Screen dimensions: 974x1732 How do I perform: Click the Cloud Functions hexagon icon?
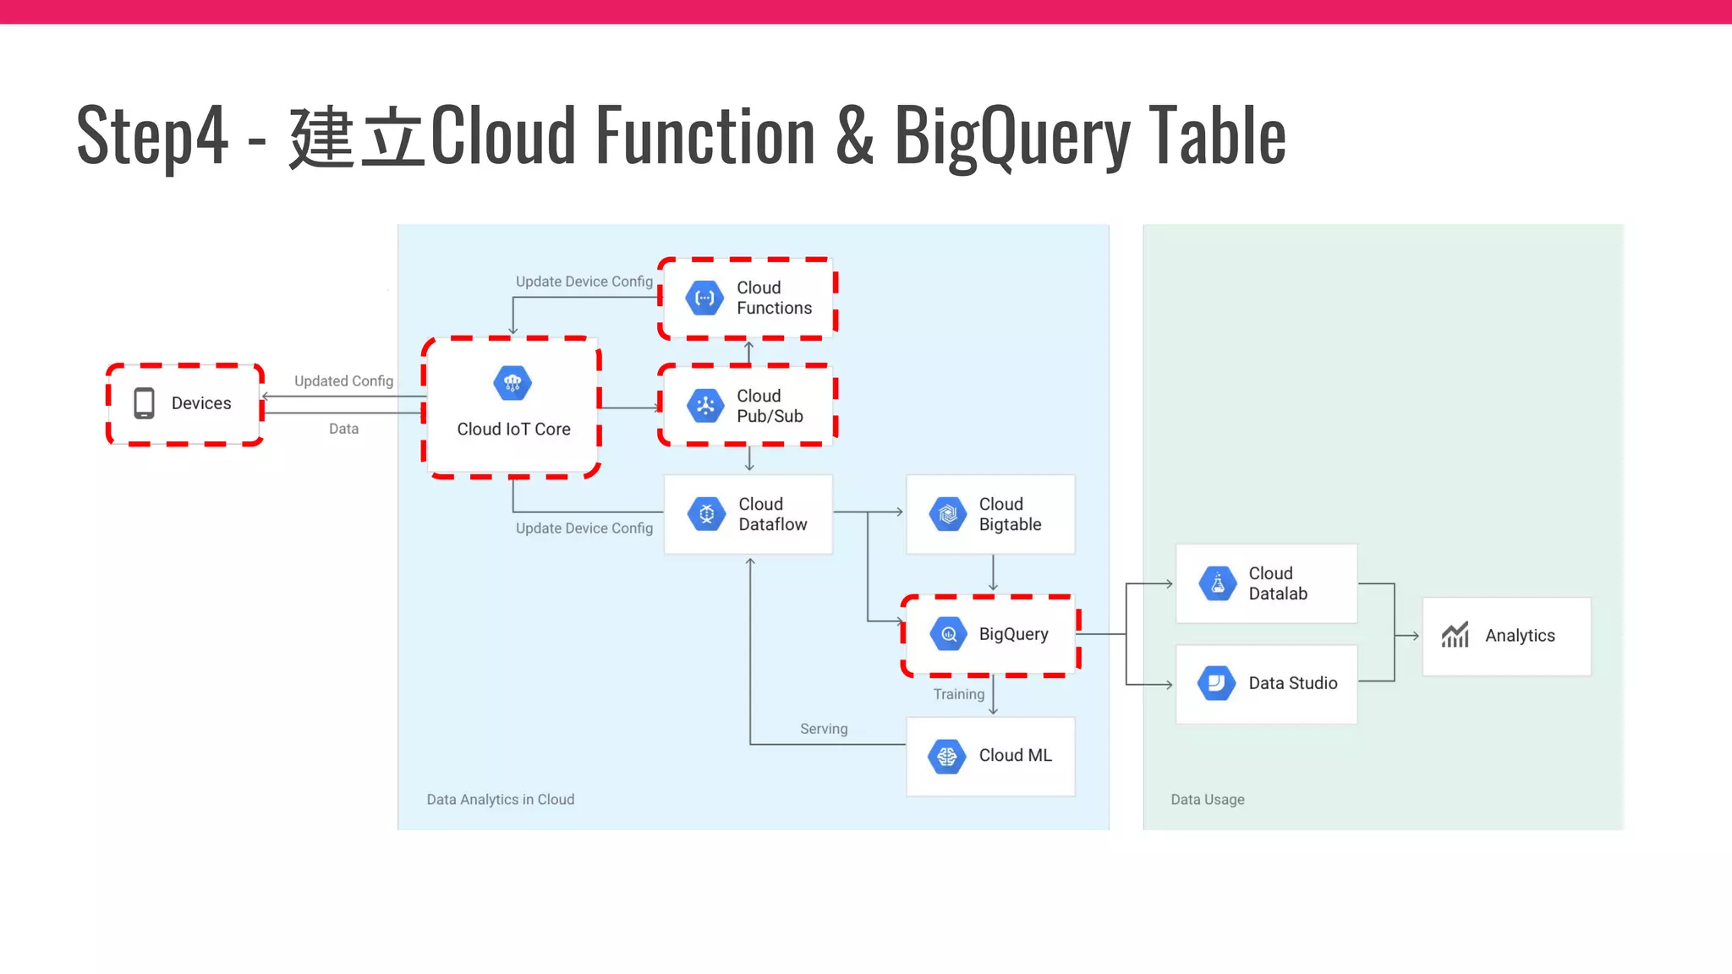click(704, 298)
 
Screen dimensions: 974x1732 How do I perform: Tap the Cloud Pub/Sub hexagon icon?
click(704, 406)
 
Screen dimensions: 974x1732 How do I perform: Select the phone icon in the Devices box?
click(145, 403)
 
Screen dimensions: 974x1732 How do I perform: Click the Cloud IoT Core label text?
click(513, 430)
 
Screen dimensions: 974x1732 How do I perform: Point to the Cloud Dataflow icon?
click(706, 514)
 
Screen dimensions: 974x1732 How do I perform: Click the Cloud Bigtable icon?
click(947, 514)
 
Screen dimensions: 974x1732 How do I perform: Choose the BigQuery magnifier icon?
click(948, 634)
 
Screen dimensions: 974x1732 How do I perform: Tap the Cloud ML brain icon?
click(947, 756)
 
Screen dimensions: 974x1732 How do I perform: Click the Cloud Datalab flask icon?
click(1217, 584)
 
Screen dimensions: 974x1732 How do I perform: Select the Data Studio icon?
click(1217, 683)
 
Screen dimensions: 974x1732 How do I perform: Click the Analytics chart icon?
click(1455, 635)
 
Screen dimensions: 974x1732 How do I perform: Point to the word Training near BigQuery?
click(958, 694)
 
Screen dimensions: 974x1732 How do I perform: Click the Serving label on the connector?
click(823, 729)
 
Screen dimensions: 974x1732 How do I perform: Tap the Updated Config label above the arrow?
click(343, 381)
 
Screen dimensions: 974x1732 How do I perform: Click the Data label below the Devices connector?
click(343, 429)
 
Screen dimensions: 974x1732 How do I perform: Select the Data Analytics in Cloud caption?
click(500, 800)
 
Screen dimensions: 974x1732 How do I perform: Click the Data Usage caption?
click(1207, 800)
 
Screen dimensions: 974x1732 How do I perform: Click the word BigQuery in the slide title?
click(1011, 135)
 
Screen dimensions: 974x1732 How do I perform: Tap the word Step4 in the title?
click(152, 135)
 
